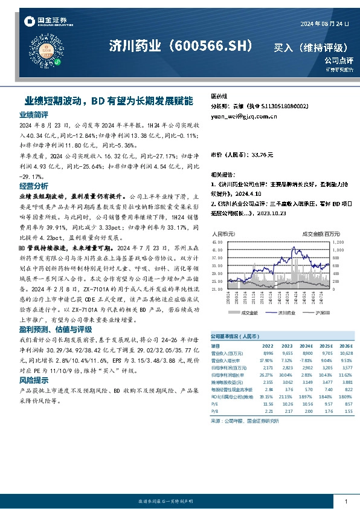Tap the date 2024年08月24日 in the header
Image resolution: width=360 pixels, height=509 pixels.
click(x=325, y=24)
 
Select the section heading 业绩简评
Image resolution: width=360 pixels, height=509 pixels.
click(x=34, y=114)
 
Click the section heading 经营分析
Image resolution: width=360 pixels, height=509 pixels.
click(x=34, y=186)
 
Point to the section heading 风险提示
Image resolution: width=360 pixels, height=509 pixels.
click(x=34, y=380)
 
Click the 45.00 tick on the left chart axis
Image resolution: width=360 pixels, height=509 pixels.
click(x=217, y=242)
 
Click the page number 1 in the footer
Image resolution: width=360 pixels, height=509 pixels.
click(x=345, y=502)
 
